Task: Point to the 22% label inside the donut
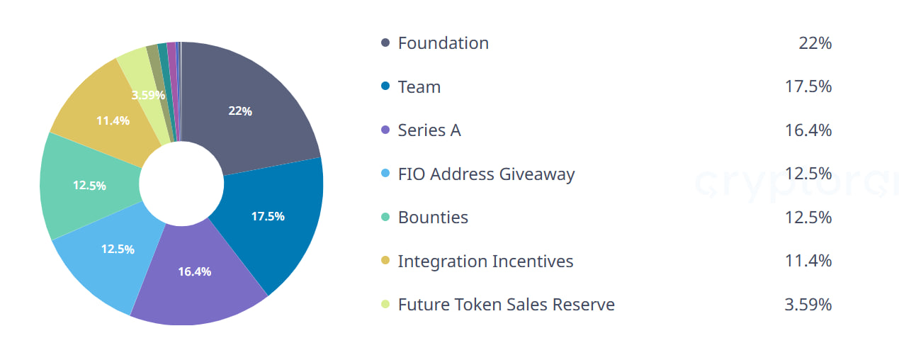240,111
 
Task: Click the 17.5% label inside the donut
268,216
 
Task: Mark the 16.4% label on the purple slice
195,271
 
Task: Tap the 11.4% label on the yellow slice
113,120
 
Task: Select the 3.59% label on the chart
148,95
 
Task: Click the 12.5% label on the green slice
89,186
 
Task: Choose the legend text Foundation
443,43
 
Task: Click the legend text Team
419,86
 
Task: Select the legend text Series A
429,130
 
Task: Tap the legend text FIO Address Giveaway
487,174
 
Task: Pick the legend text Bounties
433,217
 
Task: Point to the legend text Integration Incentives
485,261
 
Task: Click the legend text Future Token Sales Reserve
507,304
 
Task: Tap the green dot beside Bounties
385,217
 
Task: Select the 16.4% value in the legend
808,130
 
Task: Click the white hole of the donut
181,184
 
